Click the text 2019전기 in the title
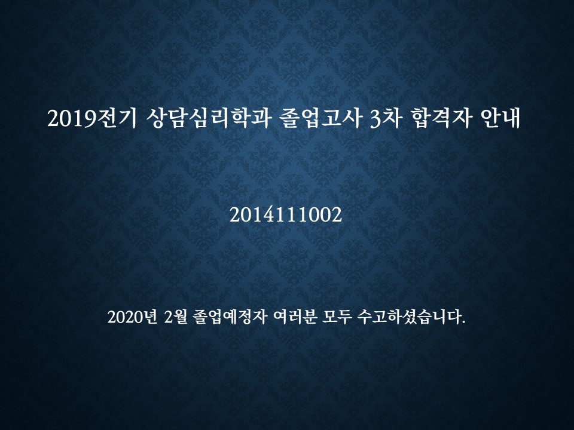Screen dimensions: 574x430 (91, 118)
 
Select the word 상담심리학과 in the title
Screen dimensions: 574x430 (208, 118)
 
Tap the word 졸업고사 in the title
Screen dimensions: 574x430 (321, 118)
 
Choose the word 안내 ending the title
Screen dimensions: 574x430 (500, 118)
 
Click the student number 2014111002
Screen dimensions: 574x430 (286, 214)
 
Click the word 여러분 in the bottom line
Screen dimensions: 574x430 (295, 317)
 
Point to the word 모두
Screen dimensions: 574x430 (337, 317)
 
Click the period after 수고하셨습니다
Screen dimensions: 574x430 (464, 322)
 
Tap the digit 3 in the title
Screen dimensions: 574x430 (375, 119)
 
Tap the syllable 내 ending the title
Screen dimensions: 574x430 (511, 118)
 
